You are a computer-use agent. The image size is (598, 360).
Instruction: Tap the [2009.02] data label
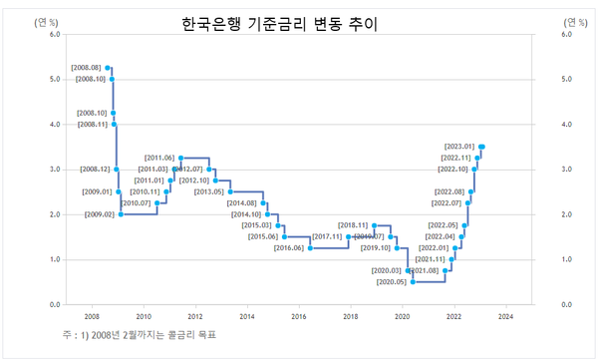pyautogui.click(x=100, y=214)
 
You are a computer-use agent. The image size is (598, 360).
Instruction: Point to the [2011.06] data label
pyautogui.click(x=159, y=158)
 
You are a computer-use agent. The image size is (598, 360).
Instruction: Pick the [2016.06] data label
pyautogui.click(x=289, y=247)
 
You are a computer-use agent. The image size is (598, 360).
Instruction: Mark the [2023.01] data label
pyautogui.click(x=459, y=147)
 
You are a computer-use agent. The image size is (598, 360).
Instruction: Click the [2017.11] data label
pyautogui.click(x=327, y=236)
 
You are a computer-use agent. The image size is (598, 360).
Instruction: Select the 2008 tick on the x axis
pyautogui.click(x=91, y=317)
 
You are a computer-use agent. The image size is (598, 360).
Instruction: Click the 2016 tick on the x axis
pyautogui.click(x=298, y=317)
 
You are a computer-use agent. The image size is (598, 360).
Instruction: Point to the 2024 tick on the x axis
pyautogui.click(x=505, y=317)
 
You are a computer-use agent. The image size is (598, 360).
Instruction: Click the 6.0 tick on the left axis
pyautogui.click(x=55, y=34)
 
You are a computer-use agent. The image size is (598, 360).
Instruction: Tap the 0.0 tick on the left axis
pyautogui.click(x=55, y=304)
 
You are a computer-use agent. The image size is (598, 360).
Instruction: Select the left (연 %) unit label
pyautogui.click(x=45, y=20)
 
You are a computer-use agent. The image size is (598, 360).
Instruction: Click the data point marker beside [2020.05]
pyautogui.click(x=413, y=282)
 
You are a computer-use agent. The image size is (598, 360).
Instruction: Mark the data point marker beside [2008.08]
pyautogui.click(x=108, y=68)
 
